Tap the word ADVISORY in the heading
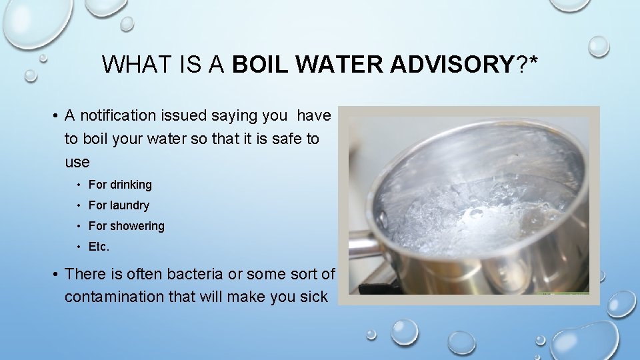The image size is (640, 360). [451, 65]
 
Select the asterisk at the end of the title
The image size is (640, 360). [533, 61]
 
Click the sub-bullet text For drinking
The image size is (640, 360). [120, 185]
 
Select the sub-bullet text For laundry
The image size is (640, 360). [119, 205]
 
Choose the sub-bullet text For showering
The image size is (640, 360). [126, 226]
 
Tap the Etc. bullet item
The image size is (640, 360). [99, 247]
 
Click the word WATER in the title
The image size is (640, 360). [340, 65]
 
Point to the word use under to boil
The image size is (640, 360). [77, 163]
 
